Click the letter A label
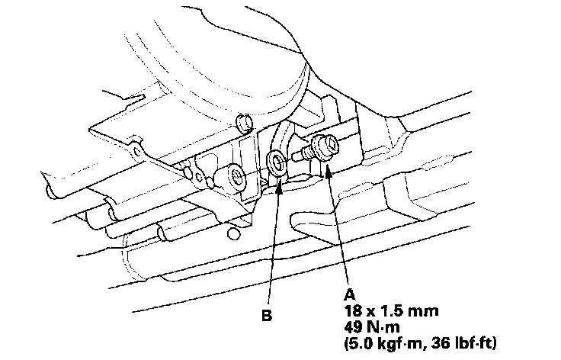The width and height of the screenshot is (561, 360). [x=350, y=294]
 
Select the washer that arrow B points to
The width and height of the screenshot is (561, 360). [x=277, y=161]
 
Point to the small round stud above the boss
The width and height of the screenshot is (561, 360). [x=244, y=123]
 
